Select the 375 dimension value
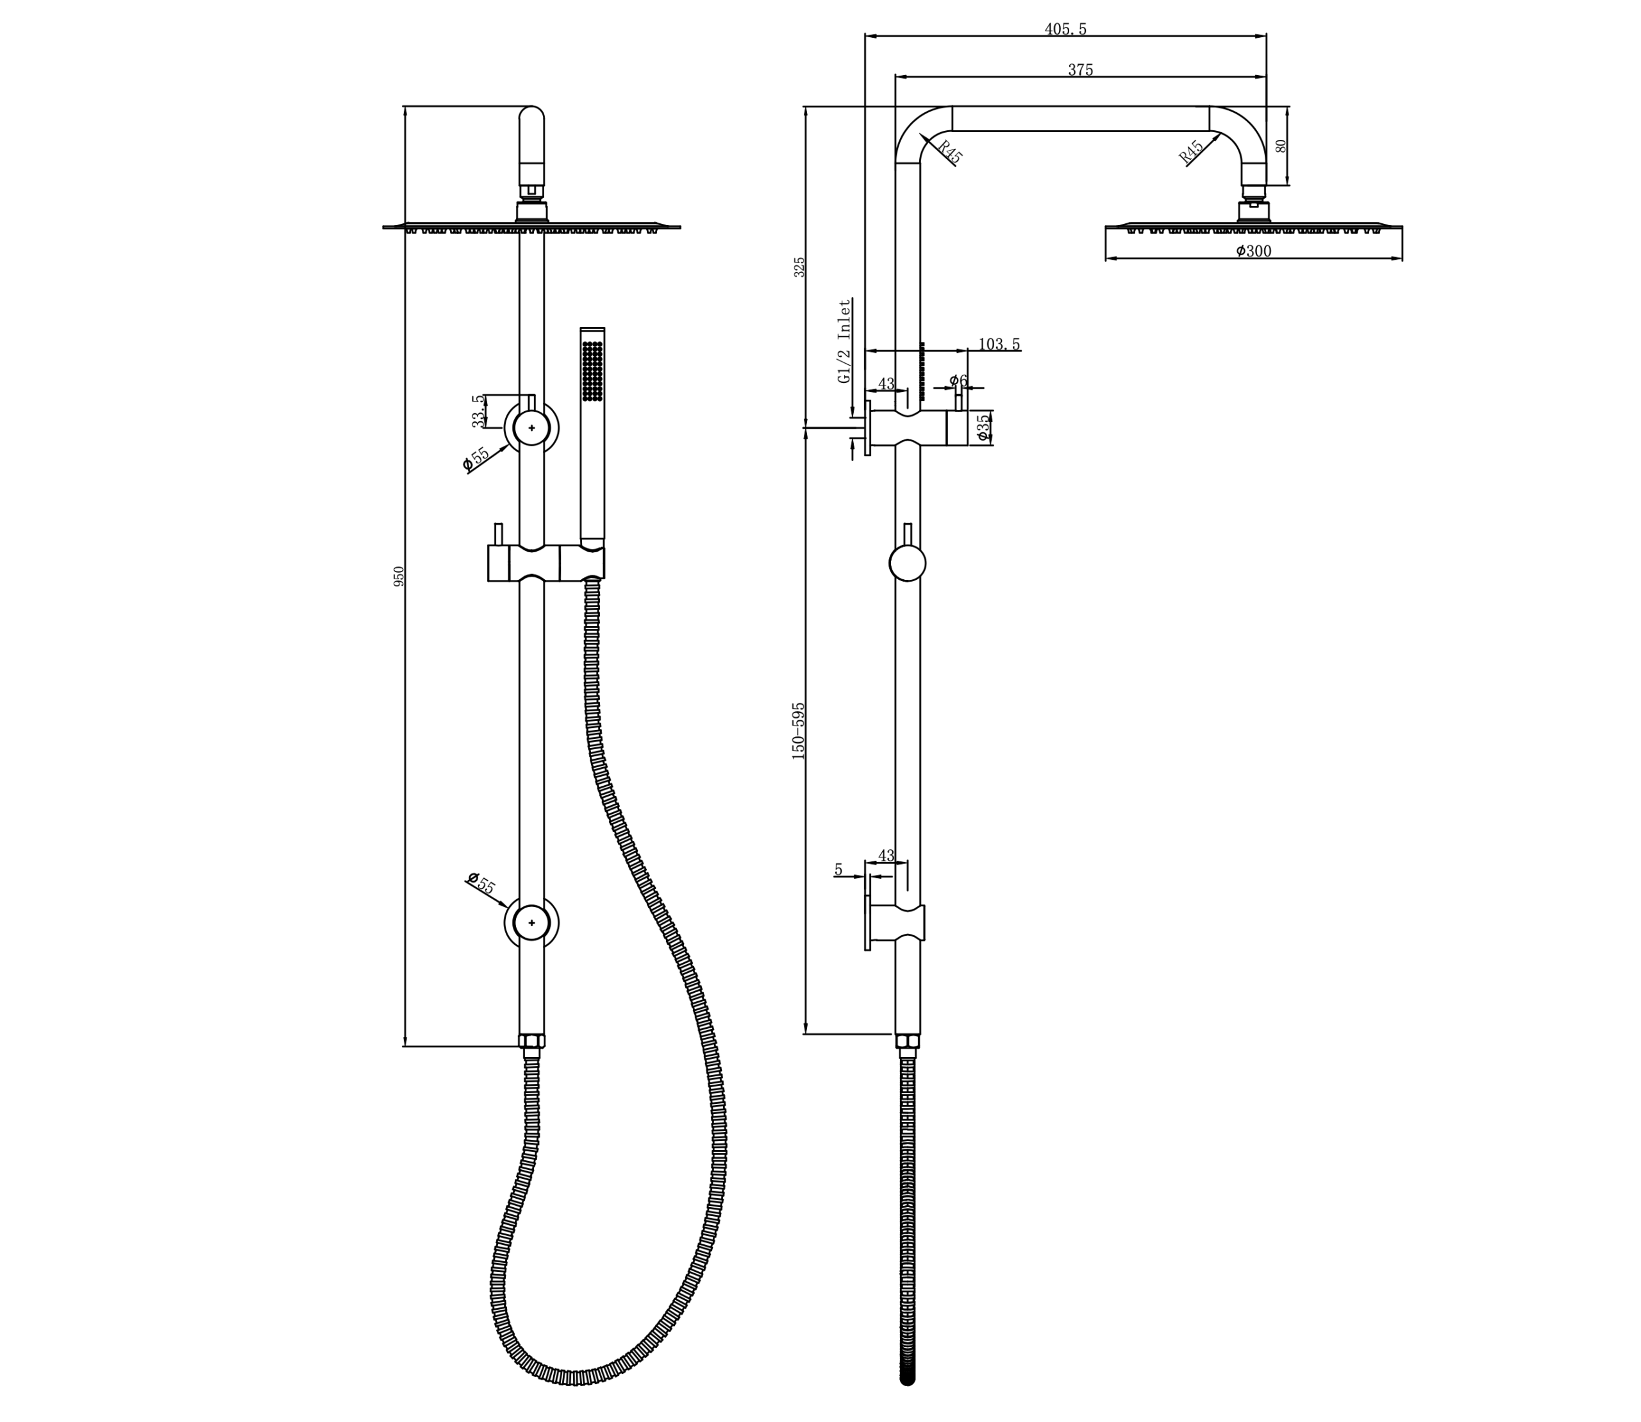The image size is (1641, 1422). pos(1080,70)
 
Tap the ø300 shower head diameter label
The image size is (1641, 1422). pos(1253,251)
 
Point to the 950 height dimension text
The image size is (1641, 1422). pos(399,576)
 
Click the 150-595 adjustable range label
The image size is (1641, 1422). pos(798,731)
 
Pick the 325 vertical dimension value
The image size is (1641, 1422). pos(799,267)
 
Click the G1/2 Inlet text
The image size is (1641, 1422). pos(845,341)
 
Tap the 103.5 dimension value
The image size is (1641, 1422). pos(999,344)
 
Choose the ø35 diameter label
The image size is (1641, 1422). pos(983,428)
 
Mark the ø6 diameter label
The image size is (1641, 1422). pos(959,381)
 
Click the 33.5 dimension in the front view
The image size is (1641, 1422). pos(478,411)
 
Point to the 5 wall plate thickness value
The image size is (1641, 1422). pos(838,870)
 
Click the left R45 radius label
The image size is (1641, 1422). pos(949,151)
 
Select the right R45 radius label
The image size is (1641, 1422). pos(1190,151)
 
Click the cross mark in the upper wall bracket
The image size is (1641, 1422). pos(531,428)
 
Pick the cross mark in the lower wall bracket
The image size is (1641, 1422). pos(531,923)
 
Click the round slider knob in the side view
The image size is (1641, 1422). pos(907,563)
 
